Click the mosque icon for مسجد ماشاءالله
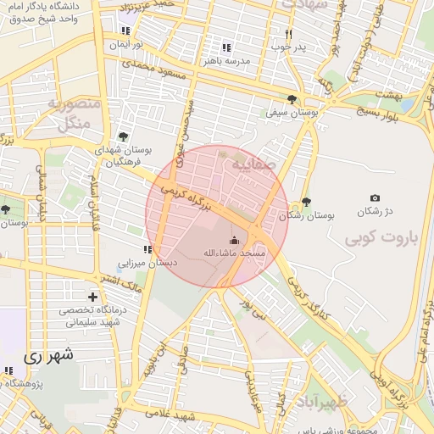235,240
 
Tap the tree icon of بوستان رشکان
306,203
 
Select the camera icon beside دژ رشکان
375,198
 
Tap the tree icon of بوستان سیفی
292,99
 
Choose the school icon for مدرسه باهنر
225,47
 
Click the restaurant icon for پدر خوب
288,34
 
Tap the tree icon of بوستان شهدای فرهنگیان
124,136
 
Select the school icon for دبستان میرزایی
147,249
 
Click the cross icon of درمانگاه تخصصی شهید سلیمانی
92,297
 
